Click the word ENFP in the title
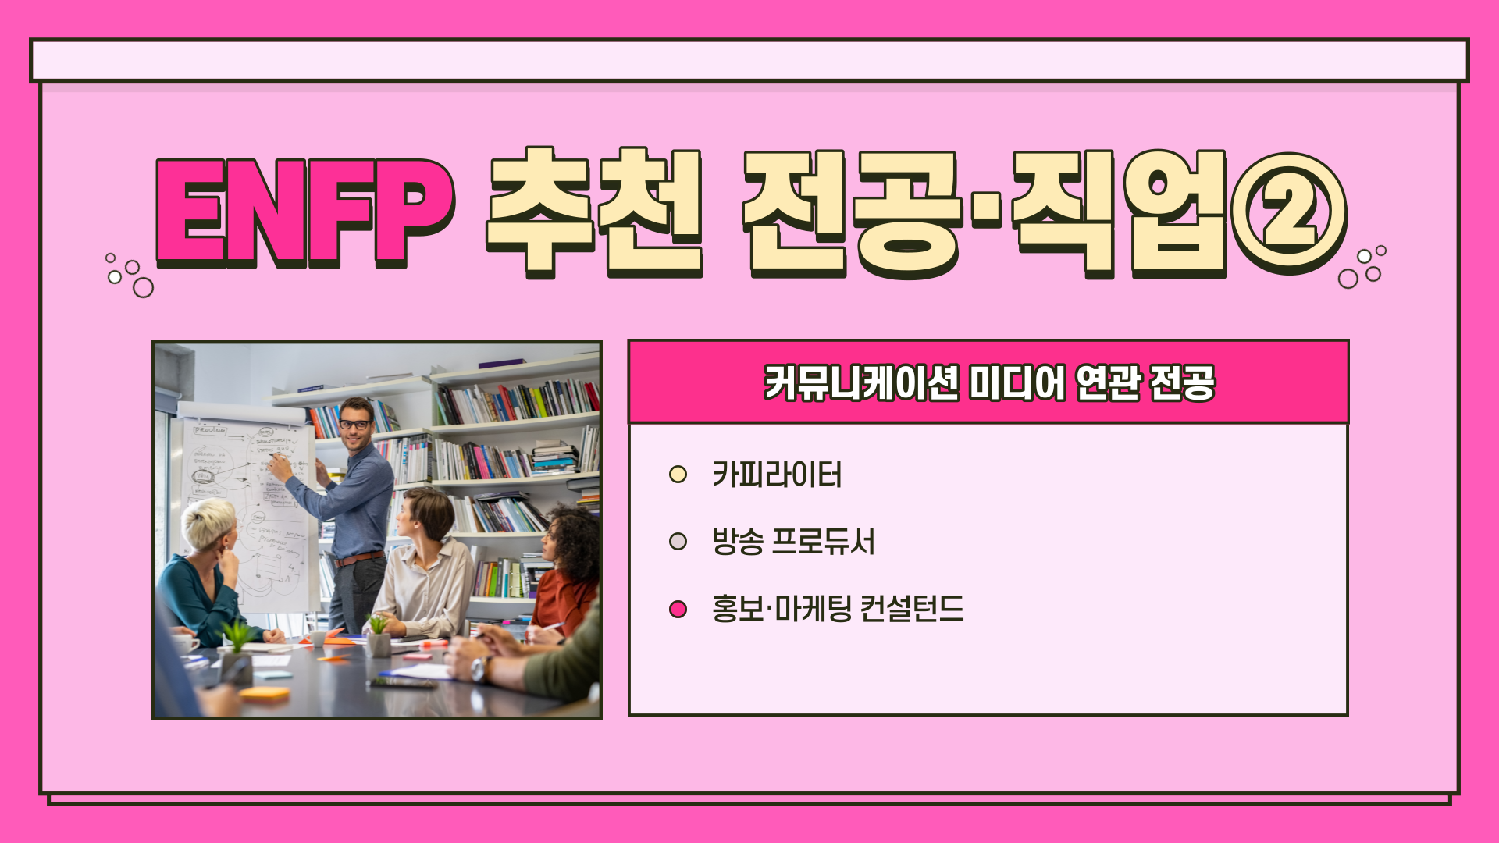304,212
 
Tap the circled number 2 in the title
1289,212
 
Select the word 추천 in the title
595,212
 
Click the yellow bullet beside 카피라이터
678,475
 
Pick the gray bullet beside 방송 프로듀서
678,542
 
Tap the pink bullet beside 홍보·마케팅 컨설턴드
678,609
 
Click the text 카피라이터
777,475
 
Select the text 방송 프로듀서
793,542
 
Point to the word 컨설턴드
912,609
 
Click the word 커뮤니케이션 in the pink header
861,382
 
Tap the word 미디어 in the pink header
1017,382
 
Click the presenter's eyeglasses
354,425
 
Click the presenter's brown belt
359,559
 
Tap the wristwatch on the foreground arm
479,669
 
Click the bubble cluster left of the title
130,275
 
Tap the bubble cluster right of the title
1362,266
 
